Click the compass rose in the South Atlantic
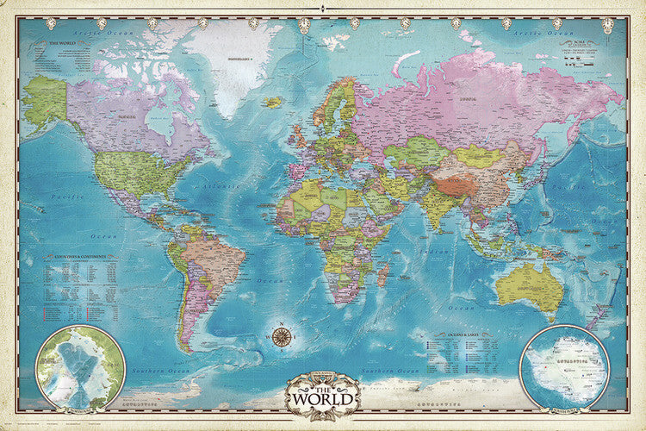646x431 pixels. [281, 335]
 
